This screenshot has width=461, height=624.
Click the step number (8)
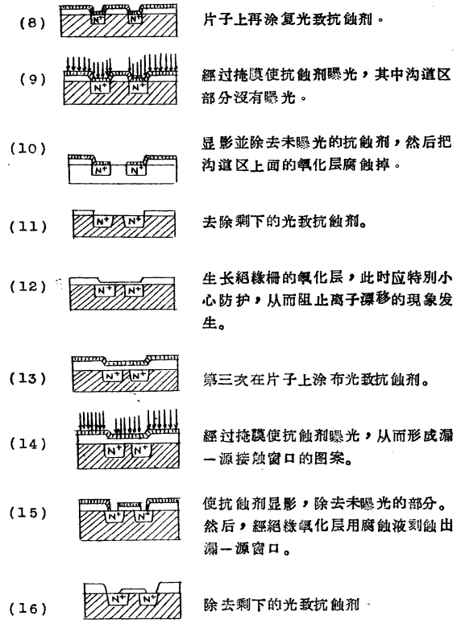click(32, 15)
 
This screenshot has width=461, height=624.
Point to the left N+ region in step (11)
click(103, 220)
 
